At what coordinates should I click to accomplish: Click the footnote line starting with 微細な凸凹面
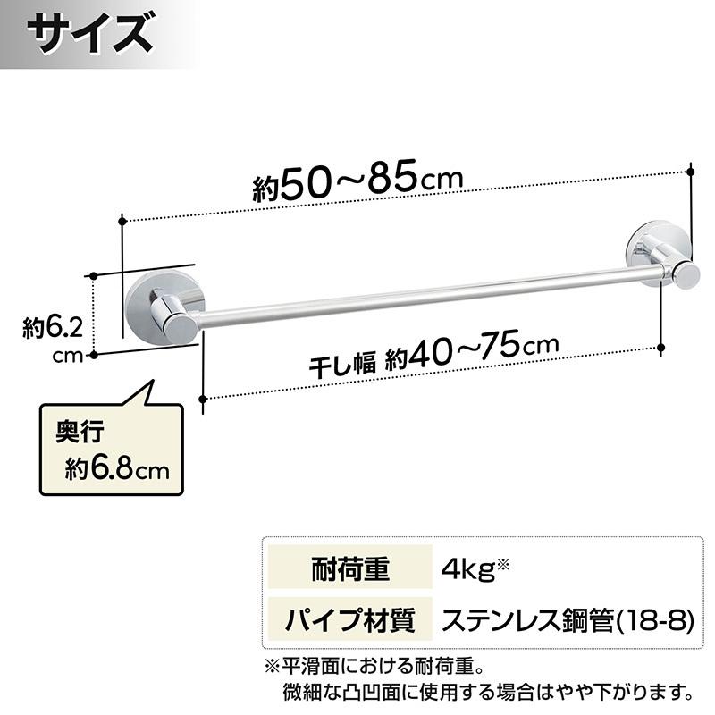pyautogui.click(x=487, y=691)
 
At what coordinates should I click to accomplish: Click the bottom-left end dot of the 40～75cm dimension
pyautogui.click(x=205, y=400)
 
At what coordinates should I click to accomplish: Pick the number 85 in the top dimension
pyautogui.click(x=390, y=179)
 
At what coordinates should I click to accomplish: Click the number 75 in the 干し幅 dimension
pyautogui.click(x=505, y=348)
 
